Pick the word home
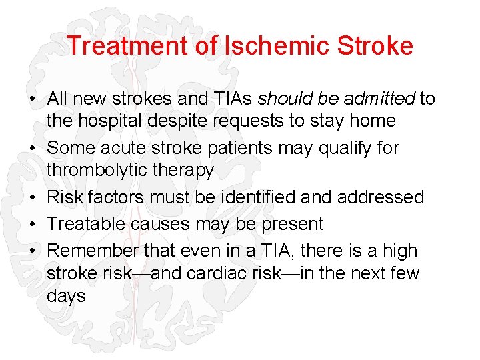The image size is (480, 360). click(373, 121)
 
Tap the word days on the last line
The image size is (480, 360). click(66, 296)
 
